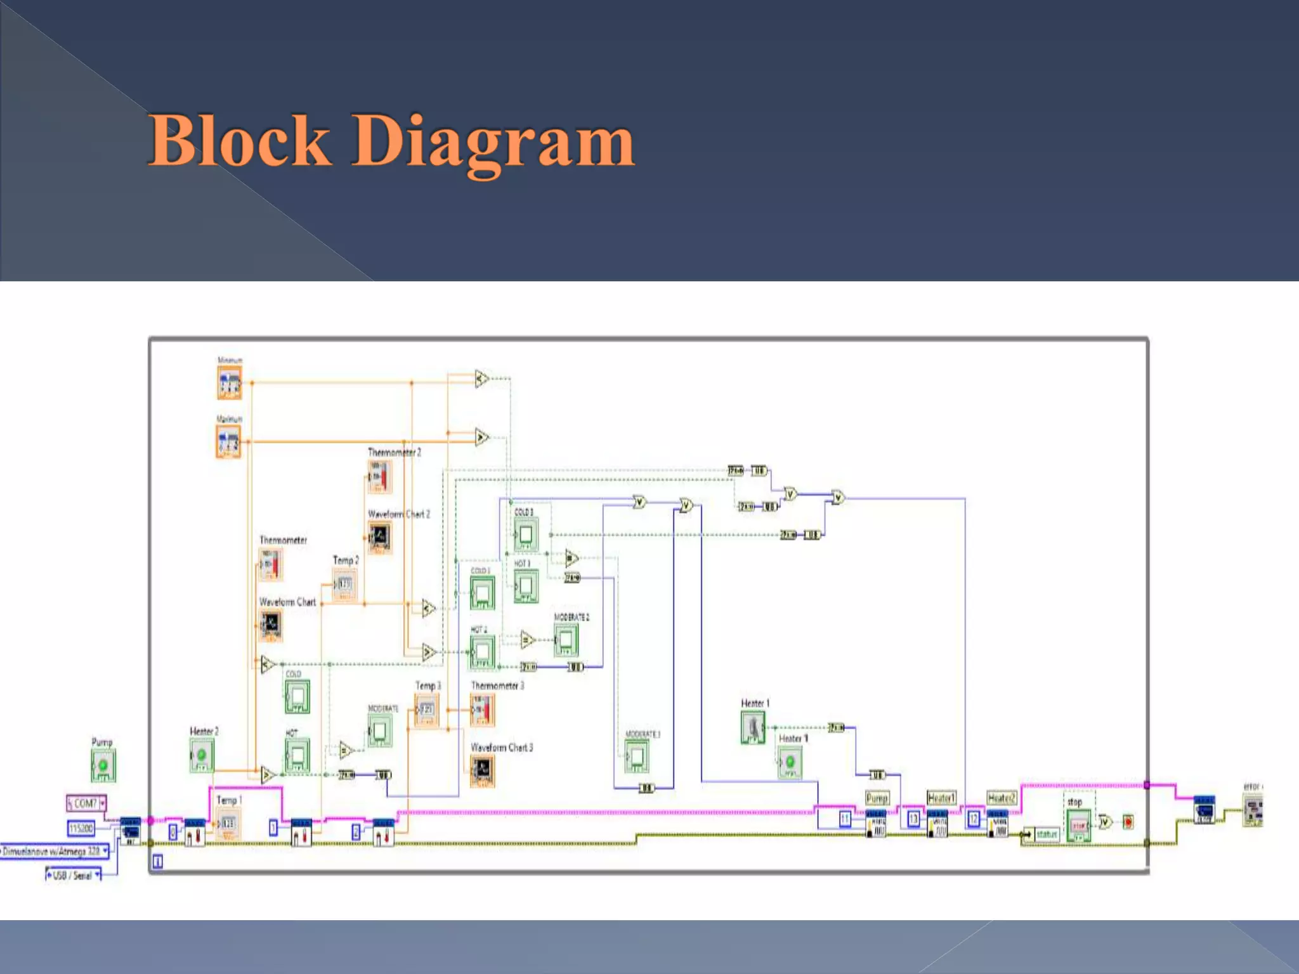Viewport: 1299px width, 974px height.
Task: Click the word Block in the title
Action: [239, 141]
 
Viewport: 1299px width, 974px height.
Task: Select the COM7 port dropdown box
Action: [86, 803]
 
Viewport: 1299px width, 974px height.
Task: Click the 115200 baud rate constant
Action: [81, 828]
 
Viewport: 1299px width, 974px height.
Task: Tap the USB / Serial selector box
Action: [73, 876]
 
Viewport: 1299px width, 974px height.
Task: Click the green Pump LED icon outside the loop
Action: [103, 765]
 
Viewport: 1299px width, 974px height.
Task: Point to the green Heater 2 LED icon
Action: [202, 755]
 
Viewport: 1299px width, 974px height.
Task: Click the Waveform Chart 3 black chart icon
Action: [482, 771]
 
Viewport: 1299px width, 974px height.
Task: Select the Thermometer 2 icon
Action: [380, 476]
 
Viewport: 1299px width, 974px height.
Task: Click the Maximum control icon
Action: [228, 441]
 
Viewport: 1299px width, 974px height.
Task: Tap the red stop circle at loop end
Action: [1128, 822]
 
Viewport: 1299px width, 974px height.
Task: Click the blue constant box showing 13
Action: [913, 819]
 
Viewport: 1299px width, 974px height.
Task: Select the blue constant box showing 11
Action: [845, 819]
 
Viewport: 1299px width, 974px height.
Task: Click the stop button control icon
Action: [1078, 826]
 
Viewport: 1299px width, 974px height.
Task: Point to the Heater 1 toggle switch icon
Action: [753, 727]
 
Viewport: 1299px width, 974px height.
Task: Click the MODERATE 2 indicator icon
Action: [566, 640]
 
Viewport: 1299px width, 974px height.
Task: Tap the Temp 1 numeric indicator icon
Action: [228, 824]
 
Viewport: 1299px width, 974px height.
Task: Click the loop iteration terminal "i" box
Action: [158, 861]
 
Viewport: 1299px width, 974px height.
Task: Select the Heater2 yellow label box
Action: [1002, 798]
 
